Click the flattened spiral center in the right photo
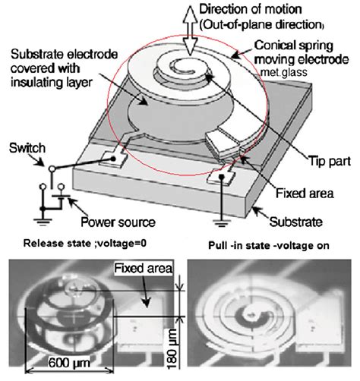(x=246, y=312)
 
